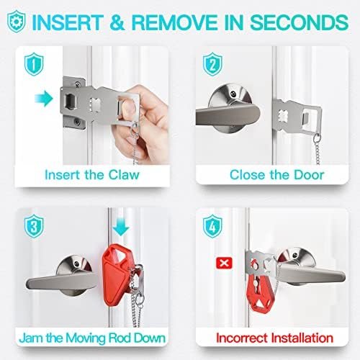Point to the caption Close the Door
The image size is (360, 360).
(x=276, y=175)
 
